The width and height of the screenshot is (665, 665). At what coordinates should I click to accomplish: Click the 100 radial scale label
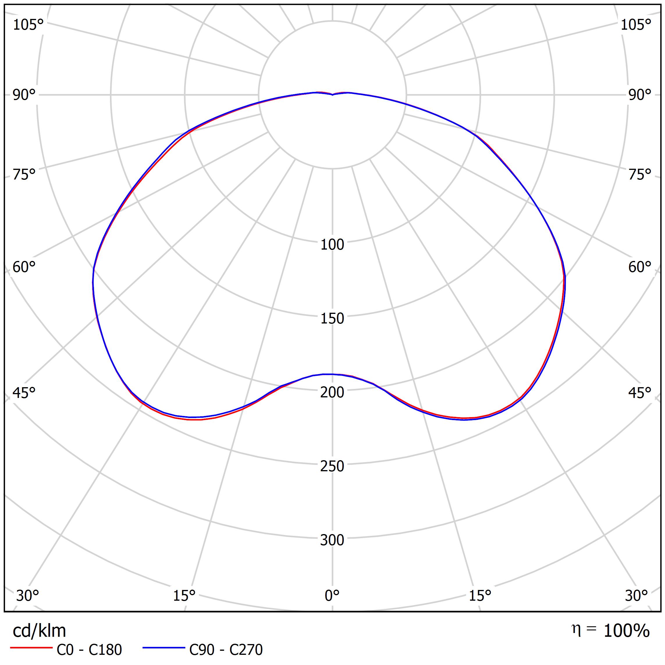click(332, 245)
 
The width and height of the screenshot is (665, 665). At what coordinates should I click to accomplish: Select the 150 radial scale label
click(332, 319)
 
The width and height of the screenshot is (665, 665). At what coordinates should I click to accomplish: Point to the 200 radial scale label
click(332, 392)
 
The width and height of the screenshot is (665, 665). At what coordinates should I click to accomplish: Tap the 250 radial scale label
click(332, 466)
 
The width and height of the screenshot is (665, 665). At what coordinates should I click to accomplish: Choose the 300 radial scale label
click(332, 540)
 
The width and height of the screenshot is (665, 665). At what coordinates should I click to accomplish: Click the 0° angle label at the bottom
click(332, 595)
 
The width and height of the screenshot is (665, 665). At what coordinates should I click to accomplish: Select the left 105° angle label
click(28, 25)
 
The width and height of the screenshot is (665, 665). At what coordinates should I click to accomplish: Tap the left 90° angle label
click(24, 95)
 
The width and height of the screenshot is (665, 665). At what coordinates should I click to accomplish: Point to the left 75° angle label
click(24, 175)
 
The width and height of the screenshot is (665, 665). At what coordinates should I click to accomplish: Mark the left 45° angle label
click(24, 393)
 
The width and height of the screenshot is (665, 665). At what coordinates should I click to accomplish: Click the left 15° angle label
click(184, 595)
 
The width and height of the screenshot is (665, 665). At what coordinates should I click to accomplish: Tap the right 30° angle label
click(636, 595)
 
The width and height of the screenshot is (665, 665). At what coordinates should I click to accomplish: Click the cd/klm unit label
click(39, 631)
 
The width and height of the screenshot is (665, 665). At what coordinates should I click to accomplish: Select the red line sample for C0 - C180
click(31, 648)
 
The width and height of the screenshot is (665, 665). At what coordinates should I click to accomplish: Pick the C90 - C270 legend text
click(226, 650)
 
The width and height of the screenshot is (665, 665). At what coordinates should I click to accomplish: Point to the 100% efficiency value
click(626, 631)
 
